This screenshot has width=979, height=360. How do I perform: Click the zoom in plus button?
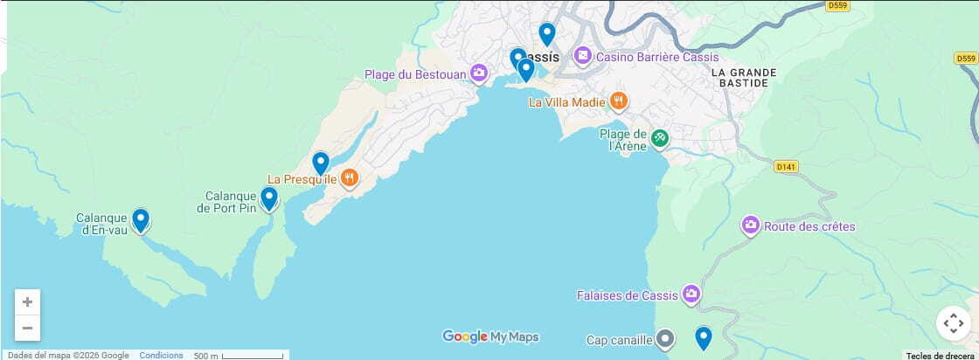27,302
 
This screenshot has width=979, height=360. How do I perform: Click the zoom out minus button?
27,328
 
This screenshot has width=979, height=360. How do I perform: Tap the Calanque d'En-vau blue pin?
140,220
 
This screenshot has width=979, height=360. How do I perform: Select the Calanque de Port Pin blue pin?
269,198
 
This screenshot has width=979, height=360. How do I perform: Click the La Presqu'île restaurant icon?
350,179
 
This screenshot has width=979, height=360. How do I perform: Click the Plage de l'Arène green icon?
660,138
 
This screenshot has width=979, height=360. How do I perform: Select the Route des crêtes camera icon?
750,226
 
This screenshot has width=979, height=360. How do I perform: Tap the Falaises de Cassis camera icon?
691,294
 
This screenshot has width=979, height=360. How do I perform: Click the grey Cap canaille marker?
665,338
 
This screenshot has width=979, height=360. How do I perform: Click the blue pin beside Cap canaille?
703,337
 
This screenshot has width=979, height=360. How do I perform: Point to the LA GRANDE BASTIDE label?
739,77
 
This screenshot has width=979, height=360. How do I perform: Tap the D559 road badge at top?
837,5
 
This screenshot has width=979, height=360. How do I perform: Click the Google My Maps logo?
490,336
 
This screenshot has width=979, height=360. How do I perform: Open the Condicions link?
161,355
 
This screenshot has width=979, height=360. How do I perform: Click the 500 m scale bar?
252,356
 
